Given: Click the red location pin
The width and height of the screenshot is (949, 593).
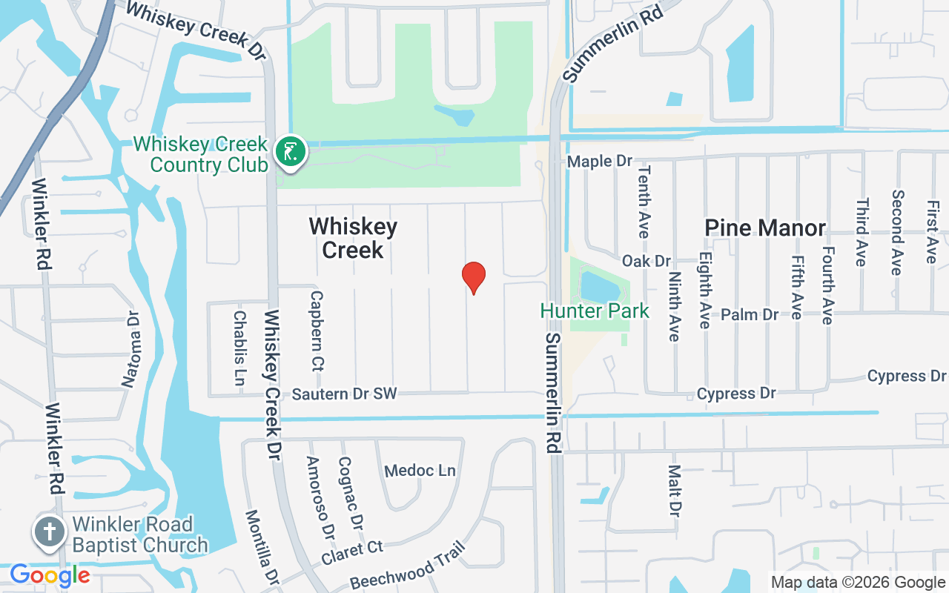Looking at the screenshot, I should pos(474,277).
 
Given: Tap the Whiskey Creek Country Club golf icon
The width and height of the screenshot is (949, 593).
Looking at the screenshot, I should pos(290,152).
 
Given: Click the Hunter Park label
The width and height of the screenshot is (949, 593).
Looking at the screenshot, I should pos(595,311).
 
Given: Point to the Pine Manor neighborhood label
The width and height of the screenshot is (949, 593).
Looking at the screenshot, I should pos(765,228).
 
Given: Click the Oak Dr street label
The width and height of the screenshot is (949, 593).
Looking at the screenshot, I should pos(647,261).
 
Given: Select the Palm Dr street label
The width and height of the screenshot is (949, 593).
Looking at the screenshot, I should pos(750,314).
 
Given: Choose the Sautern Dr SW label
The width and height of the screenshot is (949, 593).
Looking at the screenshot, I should pos(345,394).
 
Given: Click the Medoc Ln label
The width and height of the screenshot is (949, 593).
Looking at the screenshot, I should pos(420,471).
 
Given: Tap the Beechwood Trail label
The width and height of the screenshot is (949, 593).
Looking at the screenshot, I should pos(407,565).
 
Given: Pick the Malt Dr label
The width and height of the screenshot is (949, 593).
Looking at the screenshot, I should pos(674,490).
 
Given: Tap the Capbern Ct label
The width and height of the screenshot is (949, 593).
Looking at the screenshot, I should pos(317,330).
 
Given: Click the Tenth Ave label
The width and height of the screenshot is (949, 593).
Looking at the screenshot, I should pos(643,212).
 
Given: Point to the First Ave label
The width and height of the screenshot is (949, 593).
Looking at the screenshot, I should pos(931,231).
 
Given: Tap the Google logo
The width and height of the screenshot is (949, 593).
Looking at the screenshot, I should pos(50,575).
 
